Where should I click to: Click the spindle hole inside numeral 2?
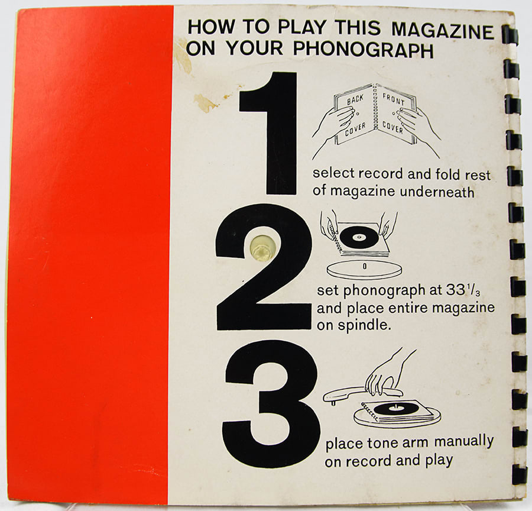[261, 247]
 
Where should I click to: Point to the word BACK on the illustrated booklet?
[355, 100]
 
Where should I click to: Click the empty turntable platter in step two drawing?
[364, 269]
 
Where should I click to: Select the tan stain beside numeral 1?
[205, 103]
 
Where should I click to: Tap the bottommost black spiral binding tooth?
[518, 474]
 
